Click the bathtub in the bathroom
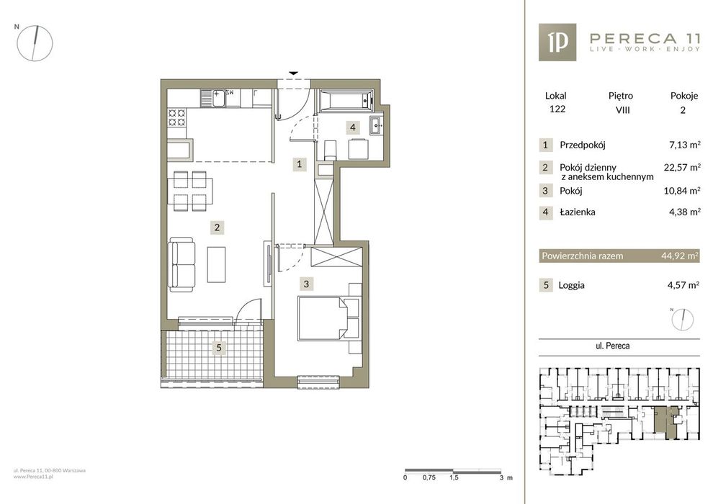pyautogui.click(x=346, y=100)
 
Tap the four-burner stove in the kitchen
pyautogui.click(x=176, y=117)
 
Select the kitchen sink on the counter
pyautogui.click(x=212, y=98)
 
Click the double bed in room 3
pyautogui.click(x=328, y=318)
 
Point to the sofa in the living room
pyautogui.click(x=181, y=266)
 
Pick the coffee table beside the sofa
pyautogui.click(x=217, y=264)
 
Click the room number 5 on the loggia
pyautogui.click(x=219, y=348)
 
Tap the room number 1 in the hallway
pyautogui.click(x=299, y=164)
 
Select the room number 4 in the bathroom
pyautogui.click(x=353, y=127)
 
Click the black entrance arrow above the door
pyautogui.click(x=293, y=73)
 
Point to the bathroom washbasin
pyautogui.click(x=377, y=125)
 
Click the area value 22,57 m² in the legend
pyautogui.click(x=682, y=167)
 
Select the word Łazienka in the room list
pyautogui.click(x=578, y=212)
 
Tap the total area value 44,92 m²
pyautogui.click(x=680, y=256)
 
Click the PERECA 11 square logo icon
pyautogui.click(x=557, y=42)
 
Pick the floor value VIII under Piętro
pyautogui.click(x=622, y=109)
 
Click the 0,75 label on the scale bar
pyautogui.click(x=429, y=477)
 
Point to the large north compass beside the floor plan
pyautogui.click(x=35, y=43)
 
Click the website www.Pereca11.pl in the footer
pyautogui.click(x=34, y=477)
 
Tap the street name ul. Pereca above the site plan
pyautogui.click(x=612, y=346)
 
